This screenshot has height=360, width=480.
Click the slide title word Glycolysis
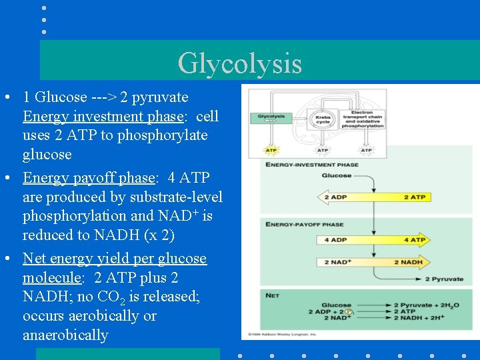click(239, 63)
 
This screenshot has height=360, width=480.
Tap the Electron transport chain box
click(362, 119)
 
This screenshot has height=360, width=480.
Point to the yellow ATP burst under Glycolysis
click(271, 151)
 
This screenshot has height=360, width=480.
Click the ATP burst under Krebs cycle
click(323, 151)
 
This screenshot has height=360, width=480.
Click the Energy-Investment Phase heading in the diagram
click(312, 165)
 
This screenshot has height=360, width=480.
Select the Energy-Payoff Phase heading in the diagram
click(305, 224)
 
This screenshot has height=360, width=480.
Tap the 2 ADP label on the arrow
click(335, 197)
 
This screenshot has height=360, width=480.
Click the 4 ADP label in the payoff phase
click(335, 240)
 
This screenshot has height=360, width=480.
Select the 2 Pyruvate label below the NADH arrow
click(444, 279)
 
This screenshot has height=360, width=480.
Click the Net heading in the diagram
click(272, 294)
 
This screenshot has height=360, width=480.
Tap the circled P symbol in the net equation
click(347, 311)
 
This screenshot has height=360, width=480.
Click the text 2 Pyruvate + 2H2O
click(425, 305)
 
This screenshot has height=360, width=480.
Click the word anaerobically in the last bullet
click(65, 335)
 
